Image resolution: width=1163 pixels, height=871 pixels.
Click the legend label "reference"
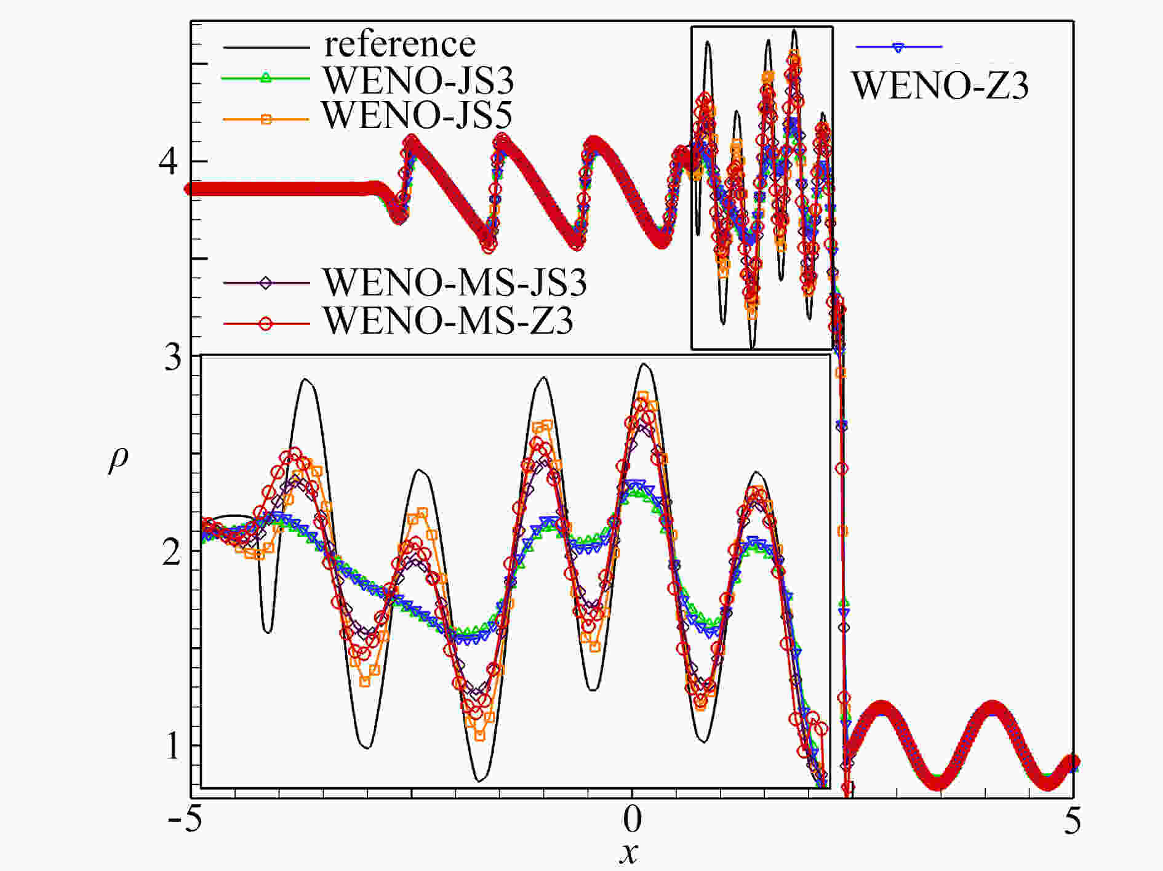[400, 44]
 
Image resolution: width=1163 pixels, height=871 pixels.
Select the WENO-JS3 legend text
[418, 80]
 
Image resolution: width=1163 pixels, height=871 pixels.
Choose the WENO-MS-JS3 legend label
[455, 283]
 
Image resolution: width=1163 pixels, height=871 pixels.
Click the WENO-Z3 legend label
[940, 86]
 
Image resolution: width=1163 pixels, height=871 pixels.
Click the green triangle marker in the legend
[265, 78]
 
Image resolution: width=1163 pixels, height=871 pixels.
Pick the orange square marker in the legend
[266, 119]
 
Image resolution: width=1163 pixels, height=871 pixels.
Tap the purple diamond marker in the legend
[266, 283]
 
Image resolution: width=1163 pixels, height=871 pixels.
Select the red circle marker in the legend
[265, 324]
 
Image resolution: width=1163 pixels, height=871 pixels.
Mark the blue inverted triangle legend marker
[898, 47]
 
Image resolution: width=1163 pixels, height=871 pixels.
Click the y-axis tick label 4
[169, 161]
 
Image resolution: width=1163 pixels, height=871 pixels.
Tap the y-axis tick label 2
[172, 552]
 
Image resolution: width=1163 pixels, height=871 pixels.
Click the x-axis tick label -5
[185, 821]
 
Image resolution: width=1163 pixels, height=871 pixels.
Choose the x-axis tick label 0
[632, 821]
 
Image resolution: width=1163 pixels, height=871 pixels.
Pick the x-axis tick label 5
[1072, 821]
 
